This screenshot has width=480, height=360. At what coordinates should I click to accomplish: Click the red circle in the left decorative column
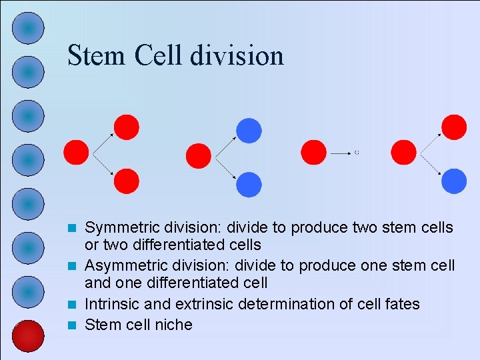tap(28, 336)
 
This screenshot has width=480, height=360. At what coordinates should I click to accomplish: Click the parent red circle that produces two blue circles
tap(198, 156)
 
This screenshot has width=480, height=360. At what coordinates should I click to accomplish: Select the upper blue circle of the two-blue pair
tap(249, 131)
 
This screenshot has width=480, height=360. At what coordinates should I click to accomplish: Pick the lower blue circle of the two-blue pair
tap(249, 184)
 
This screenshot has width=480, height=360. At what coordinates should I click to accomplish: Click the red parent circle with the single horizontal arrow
tap(313, 153)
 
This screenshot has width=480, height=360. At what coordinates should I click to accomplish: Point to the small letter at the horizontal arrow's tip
tap(357, 153)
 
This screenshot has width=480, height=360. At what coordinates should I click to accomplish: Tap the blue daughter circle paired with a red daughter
tap(454, 181)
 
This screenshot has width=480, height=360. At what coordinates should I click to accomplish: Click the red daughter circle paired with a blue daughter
tap(454, 127)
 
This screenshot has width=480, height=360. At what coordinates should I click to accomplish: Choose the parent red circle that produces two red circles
tap(76, 153)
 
